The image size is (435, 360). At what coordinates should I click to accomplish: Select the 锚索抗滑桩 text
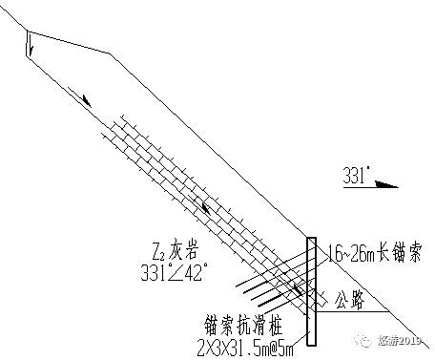coord(234,322)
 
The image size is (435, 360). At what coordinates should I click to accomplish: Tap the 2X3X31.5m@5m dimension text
coord(246,342)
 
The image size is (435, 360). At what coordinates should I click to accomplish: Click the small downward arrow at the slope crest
coord(31,43)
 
